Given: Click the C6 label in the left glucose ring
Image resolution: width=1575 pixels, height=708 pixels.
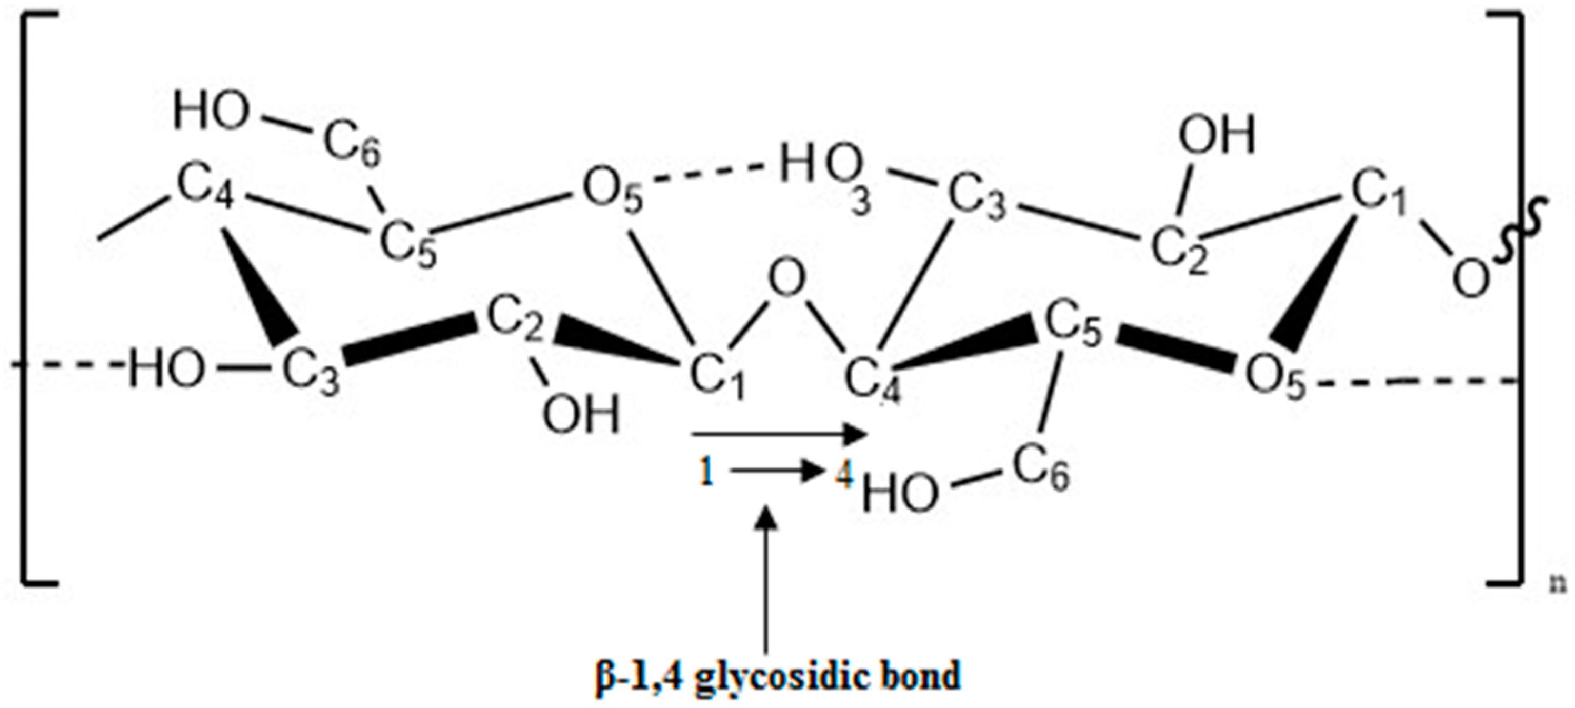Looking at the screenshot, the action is click(352, 147).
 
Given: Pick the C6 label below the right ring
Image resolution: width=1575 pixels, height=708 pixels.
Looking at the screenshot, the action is click(1042, 471).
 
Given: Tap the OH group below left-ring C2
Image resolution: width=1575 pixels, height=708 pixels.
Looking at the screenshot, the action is click(581, 414).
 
